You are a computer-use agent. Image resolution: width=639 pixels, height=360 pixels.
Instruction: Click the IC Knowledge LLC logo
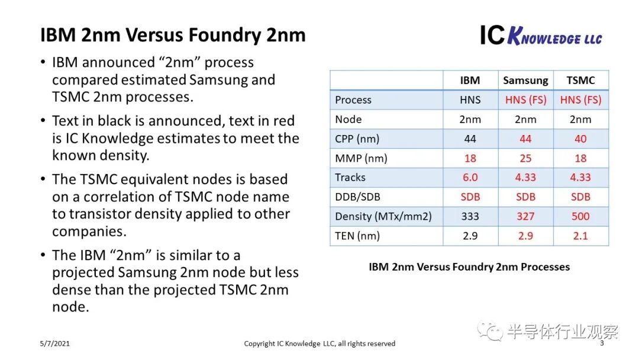tap(540, 36)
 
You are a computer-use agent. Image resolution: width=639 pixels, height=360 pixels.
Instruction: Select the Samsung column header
tap(525, 81)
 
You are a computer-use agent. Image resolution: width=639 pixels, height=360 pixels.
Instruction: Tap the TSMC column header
tap(580, 81)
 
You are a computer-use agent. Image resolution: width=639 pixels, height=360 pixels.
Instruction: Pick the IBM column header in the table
tap(470, 81)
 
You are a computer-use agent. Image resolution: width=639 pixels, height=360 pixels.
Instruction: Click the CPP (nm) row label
tap(357, 139)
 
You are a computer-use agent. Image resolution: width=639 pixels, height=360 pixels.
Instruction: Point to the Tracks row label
tap(350, 178)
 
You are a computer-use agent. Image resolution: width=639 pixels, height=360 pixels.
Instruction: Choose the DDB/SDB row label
tap(357, 197)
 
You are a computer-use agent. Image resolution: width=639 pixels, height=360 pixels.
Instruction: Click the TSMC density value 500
tap(580, 217)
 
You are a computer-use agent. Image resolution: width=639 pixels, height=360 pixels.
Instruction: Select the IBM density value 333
tap(470, 217)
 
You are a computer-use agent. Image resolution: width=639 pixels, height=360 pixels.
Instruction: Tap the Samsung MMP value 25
tap(525, 158)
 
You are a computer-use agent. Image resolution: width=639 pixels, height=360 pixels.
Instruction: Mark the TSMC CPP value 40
tap(580, 139)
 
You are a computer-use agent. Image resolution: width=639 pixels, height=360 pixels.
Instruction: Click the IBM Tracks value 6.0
tap(470, 178)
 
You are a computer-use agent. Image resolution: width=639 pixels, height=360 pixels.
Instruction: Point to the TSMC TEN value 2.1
tap(580, 236)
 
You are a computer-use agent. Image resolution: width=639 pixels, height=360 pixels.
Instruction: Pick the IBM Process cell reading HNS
tap(470, 100)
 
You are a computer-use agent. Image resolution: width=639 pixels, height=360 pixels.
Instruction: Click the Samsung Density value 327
tap(525, 217)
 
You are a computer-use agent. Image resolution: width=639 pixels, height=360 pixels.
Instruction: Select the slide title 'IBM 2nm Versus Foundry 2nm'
tap(173, 36)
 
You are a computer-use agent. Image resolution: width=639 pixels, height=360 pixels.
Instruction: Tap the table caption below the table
tap(469, 267)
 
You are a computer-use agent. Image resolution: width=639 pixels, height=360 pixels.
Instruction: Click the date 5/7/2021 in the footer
tap(54, 343)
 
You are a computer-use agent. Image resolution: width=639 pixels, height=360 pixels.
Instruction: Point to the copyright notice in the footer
tap(319, 343)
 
